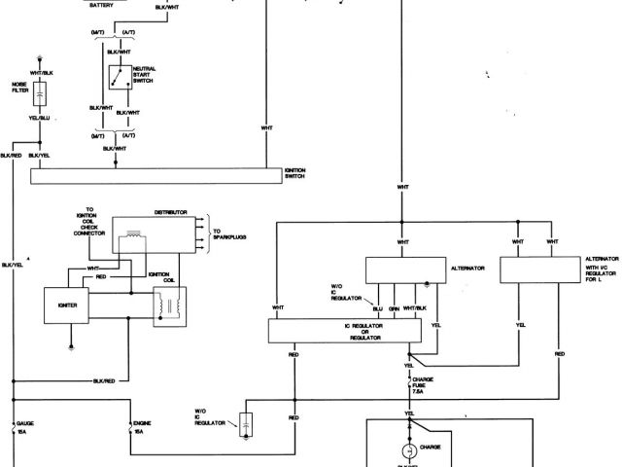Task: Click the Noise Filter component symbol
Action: (40, 94)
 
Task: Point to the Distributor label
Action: (169, 211)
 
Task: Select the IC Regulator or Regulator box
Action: (339, 331)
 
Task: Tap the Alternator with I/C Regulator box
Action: (538, 269)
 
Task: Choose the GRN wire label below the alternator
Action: (394, 308)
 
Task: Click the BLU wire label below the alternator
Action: (377, 308)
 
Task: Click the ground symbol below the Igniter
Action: (70, 343)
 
